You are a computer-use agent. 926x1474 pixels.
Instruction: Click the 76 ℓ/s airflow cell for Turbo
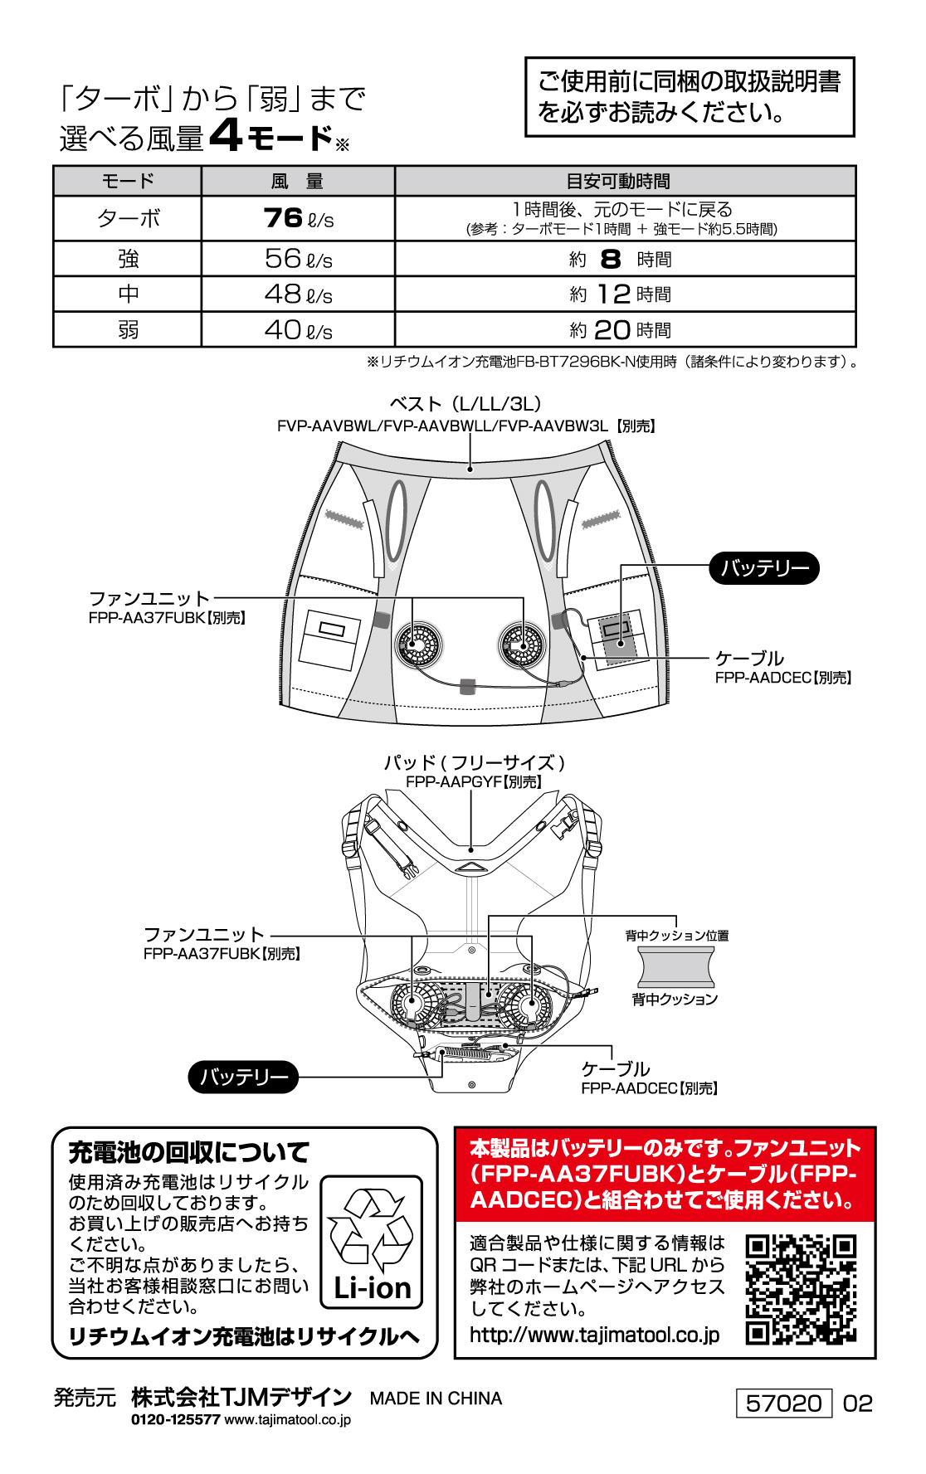coord(298,218)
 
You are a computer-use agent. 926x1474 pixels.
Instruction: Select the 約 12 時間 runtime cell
coord(625,294)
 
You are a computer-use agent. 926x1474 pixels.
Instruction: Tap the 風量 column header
coord(298,181)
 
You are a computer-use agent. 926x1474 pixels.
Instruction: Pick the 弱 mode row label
coord(128,330)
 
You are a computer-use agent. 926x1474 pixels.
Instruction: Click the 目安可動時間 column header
coord(625,181)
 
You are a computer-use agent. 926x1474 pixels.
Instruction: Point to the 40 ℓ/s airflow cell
coord(298,330)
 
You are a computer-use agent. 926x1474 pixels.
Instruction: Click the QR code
coord(801,1289)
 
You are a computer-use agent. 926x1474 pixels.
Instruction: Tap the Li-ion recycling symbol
coord(372,1242)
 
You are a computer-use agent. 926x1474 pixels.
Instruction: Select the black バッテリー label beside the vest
coord(764,568)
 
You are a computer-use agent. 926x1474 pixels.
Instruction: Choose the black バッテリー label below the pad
coord(244,1077)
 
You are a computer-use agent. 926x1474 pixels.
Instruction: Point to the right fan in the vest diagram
coord(522,645)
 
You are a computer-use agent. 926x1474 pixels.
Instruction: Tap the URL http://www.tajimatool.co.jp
coord(594,1335)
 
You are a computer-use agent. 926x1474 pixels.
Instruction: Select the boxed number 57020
coord(783,1403)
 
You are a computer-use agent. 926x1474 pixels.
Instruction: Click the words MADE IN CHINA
coord(436,1399)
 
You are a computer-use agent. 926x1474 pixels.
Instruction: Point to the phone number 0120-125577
coord(175,1419)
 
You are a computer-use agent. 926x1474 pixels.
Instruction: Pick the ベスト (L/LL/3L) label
coord(465,404)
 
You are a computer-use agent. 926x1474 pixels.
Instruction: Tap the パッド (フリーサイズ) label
coord(474,762)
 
